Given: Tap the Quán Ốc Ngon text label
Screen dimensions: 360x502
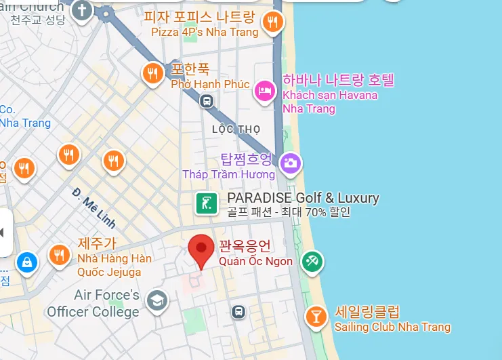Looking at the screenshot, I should (x=255, y=261).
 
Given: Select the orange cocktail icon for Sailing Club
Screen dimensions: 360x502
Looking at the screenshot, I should (x=315, y=316).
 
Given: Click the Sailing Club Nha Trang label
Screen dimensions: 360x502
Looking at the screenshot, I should (x=392, y=327).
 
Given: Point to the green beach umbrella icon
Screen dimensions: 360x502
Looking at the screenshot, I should (x=312, y=261).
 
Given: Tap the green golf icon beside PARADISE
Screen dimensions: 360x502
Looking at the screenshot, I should (x=207, y=203).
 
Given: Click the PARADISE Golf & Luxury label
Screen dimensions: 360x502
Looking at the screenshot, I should (x=303, y=198).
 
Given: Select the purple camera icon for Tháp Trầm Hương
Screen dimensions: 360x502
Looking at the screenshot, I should (x=291, y=163).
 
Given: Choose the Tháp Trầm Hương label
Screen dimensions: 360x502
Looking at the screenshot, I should (x=228, y=174).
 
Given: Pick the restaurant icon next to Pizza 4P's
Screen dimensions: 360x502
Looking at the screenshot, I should (x=272, y=22).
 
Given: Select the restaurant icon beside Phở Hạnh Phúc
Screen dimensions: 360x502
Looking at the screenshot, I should (x=152, y=73).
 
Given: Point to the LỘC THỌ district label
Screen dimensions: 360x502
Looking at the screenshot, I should (x=236, y=129).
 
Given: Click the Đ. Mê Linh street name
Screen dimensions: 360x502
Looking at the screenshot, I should (x=94, y=207).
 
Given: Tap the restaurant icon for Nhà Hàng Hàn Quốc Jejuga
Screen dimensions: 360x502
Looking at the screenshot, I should (x=59, y=254).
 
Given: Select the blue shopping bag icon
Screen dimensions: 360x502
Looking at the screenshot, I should (x=26, y=261).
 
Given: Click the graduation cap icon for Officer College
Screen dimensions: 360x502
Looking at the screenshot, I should (x=158, y=300).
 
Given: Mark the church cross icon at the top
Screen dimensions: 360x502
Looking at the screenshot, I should (x=82, y=11).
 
